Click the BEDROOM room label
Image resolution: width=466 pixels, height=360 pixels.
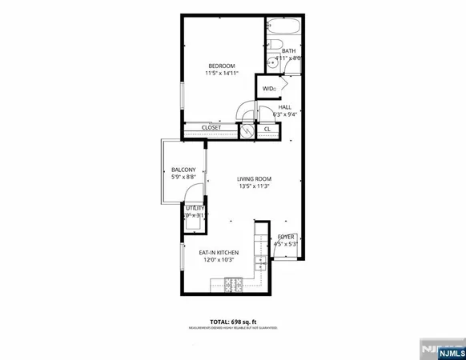[222, 66]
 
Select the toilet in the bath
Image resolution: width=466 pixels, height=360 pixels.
[274, 45]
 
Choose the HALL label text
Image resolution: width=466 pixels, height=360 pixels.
[285, 106]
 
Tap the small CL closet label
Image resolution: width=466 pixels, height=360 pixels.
[267, 128]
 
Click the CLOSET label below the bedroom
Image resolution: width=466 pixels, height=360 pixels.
[211, 127]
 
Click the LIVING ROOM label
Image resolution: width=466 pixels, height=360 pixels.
[255, 178]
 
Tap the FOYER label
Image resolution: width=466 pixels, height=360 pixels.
[286, 237]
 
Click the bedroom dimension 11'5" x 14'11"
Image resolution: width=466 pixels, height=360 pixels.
[222, 74]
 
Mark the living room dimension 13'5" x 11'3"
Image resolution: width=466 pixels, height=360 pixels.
[255, 187]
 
